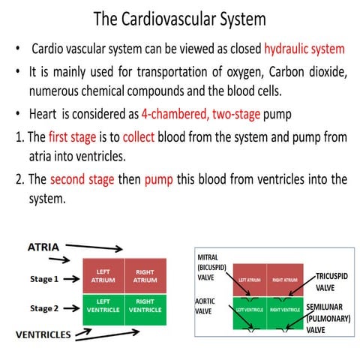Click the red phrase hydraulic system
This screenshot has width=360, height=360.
[304, 49]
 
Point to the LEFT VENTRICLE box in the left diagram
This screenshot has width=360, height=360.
[103, 307]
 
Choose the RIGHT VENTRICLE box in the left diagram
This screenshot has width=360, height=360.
[145, 307]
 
